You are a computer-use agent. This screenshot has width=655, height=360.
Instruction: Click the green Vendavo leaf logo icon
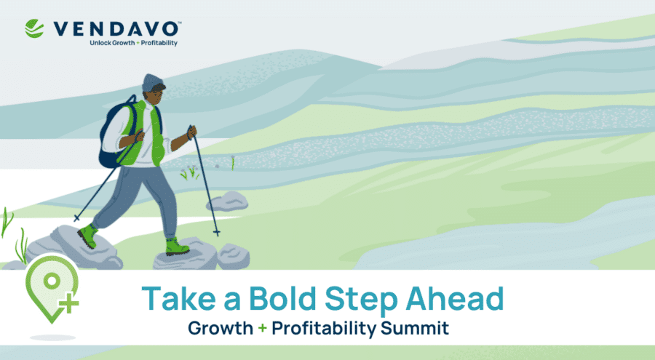34,28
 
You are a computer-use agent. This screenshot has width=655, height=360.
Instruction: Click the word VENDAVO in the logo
116,29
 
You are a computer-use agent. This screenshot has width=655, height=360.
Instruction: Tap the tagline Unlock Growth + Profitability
134,43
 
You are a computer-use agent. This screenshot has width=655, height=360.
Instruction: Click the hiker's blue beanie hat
152,82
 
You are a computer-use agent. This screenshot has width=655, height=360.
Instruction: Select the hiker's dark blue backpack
113,132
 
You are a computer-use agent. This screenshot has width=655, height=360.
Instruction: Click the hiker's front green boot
177,247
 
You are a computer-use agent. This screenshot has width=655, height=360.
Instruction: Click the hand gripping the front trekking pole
191,132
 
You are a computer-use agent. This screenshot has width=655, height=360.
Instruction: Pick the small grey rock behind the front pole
228,201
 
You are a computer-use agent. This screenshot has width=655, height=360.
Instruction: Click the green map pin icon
52,289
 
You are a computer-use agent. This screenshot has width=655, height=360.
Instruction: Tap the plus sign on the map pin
68,303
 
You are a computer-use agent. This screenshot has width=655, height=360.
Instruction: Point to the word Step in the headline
360,300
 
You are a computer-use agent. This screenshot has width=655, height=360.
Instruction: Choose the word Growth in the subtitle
221,328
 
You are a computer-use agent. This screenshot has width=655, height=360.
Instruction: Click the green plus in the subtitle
262,328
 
